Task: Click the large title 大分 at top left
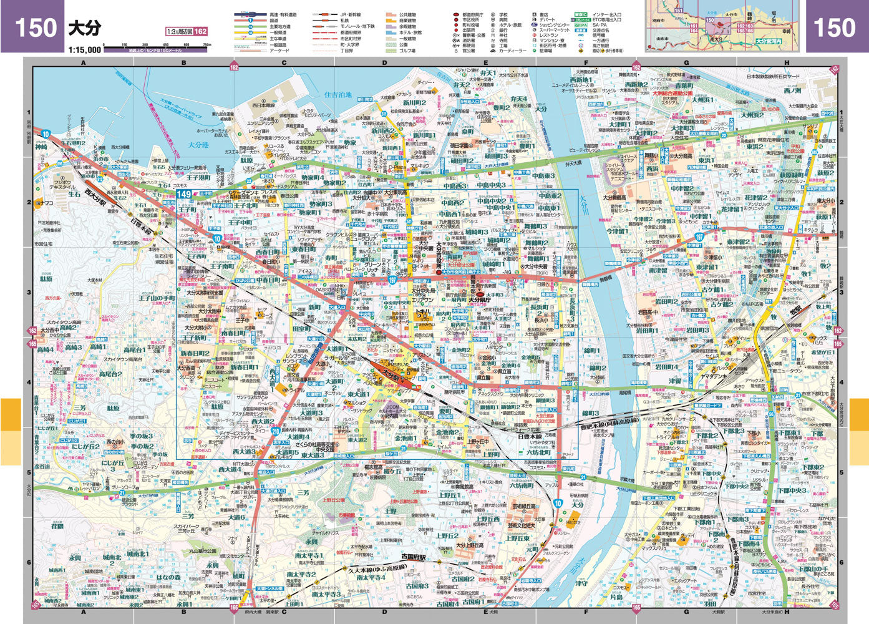click(84, 28)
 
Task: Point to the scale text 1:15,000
click(84, 49)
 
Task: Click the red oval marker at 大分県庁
click(480, 291)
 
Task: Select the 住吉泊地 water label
click(339, 95)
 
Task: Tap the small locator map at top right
click(724, 26)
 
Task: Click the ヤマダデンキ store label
click(716, 376)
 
